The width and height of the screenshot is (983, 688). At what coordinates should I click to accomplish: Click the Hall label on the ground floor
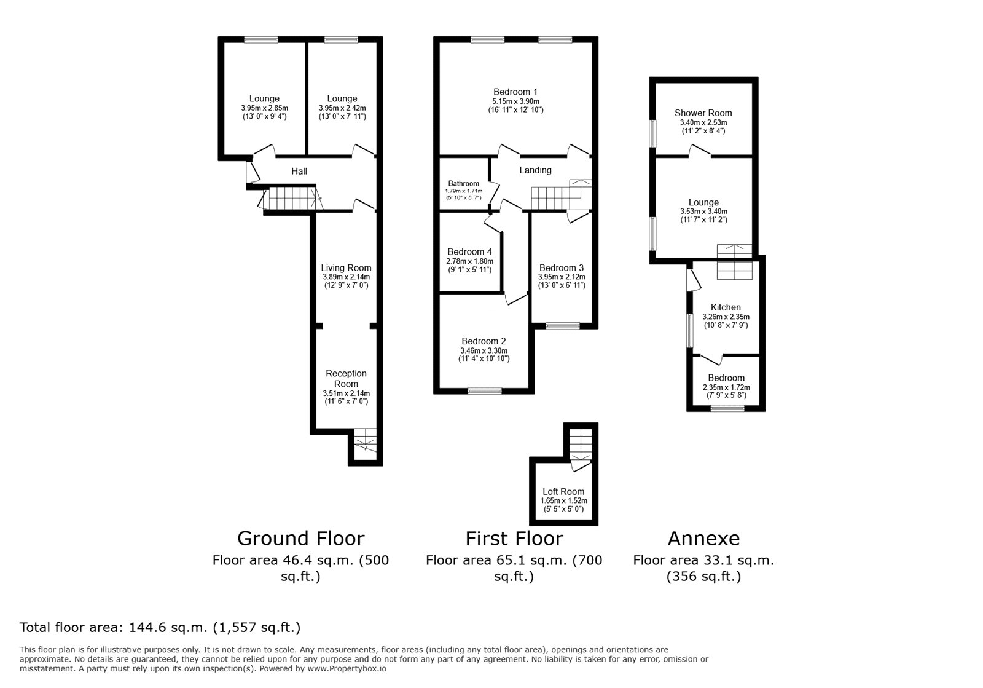tap(299, 172)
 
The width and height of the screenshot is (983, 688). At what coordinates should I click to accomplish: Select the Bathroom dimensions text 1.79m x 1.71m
tap(463, 191)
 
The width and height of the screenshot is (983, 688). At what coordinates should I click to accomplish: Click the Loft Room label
tap(563, 492)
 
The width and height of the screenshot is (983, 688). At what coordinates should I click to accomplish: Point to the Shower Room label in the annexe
tap(703, 113)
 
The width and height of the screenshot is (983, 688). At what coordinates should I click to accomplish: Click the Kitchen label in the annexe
tap(726, 307)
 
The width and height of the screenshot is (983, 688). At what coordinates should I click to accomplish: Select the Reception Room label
tap(346, 378)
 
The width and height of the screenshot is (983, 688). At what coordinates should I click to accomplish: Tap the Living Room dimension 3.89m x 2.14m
tap(346, 277)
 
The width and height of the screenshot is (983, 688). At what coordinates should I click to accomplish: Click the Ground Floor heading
tap(300, 539)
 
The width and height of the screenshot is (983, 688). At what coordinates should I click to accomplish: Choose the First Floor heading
tap(514, 539)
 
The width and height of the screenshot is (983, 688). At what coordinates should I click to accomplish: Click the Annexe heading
tap(703, 539)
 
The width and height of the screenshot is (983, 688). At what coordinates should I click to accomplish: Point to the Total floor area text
tap(160, 628)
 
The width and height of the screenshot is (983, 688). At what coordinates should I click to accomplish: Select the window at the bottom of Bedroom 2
tap(485, 390)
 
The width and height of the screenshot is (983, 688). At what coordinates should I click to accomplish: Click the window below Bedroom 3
tap(563, 326)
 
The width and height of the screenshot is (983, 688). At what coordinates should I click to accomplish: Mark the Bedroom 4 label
tap(469, 251)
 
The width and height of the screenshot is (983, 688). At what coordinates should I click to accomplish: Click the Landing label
tap(535, 170)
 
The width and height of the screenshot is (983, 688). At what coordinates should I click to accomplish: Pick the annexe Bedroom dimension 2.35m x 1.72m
tap(726, 387)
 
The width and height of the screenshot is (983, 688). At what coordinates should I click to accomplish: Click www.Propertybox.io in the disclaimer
tap(347, 669)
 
